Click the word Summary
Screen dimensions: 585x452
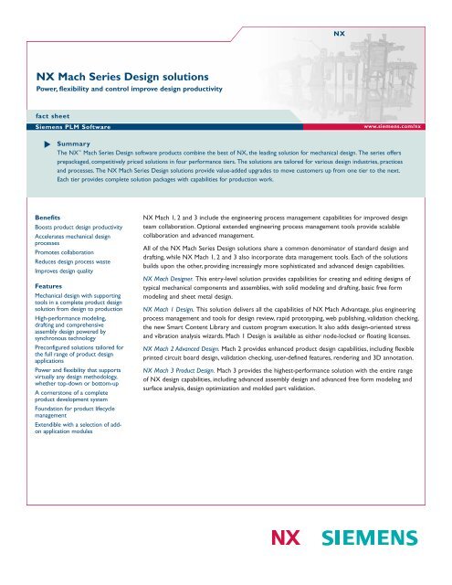71,144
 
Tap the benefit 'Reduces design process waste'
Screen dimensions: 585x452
74,261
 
